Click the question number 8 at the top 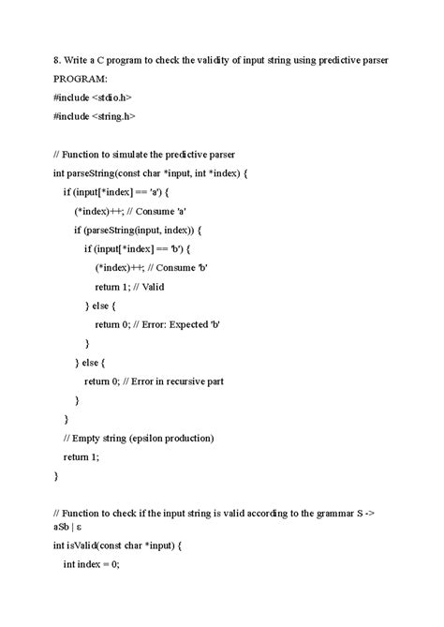56,60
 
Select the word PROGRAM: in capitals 81,80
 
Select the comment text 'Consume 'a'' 153,210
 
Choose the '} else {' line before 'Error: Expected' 99,305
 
